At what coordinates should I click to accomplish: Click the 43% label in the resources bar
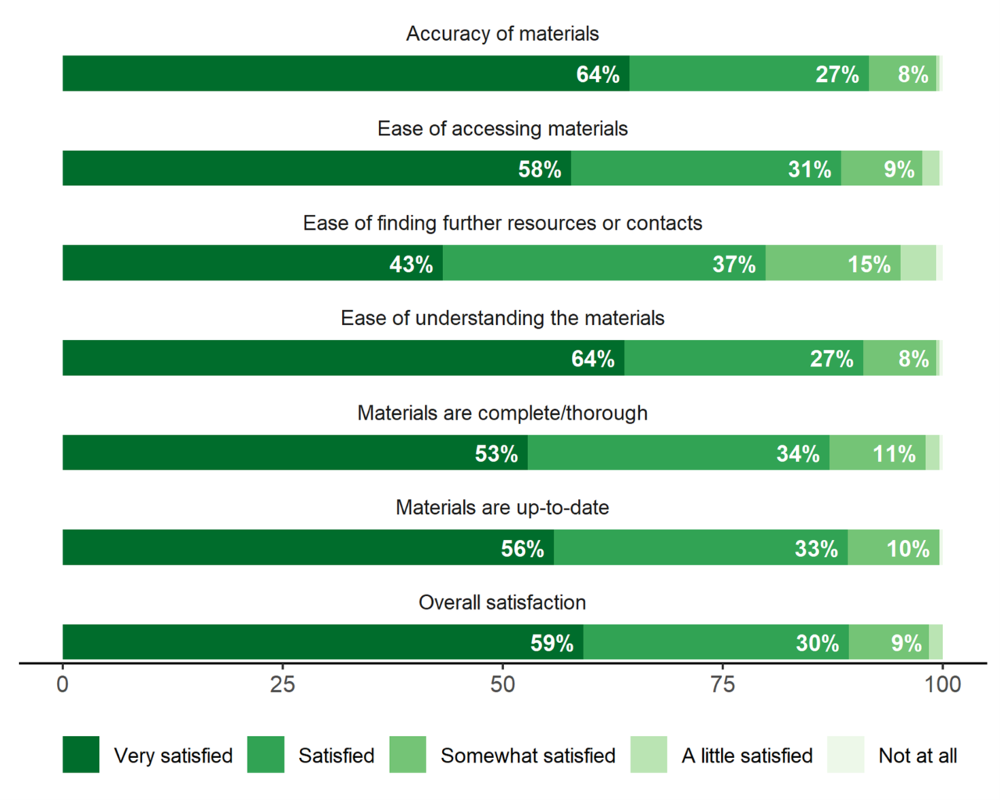411,264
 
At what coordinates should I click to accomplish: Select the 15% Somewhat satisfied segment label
869,264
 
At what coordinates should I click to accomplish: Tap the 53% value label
496,454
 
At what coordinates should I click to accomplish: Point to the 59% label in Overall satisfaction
552,643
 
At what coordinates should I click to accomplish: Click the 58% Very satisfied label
540,170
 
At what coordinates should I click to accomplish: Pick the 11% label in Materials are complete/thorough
894,454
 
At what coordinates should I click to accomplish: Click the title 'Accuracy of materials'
502,34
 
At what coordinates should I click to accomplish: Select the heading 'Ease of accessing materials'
502,129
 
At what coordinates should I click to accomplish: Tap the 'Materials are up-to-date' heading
502,508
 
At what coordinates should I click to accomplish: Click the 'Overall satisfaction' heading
502,602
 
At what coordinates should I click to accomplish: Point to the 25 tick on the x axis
283,685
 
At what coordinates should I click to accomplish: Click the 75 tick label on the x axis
723,685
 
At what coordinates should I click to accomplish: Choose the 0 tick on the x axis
62,685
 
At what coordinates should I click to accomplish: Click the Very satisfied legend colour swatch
81,755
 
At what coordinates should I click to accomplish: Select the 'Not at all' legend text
917,755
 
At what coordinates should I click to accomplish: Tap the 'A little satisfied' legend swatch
649,755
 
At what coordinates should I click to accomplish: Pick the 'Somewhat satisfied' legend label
527,755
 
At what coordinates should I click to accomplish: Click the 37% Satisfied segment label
734,264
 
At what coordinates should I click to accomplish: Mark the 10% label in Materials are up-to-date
908,548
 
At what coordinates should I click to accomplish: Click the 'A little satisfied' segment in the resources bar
918,262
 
